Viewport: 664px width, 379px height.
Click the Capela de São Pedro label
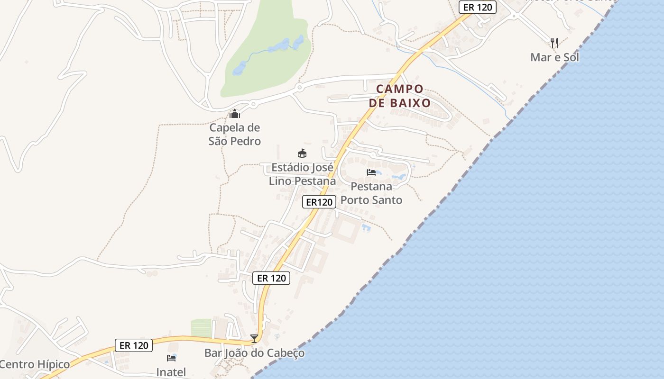235,134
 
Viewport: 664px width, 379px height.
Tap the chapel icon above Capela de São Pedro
234,114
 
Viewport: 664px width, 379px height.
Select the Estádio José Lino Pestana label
302,174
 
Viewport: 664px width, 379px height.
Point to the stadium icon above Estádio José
302,153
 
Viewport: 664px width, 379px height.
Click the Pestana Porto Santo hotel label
371,193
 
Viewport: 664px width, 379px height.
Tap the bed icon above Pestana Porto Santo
371,172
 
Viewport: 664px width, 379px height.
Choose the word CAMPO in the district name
399,89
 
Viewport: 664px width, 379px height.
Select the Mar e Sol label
554,57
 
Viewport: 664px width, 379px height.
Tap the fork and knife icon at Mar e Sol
554,43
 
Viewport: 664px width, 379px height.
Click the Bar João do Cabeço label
254,353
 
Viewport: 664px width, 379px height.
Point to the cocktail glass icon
254,338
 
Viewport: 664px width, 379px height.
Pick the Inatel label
171,372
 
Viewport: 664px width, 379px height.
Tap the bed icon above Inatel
171,358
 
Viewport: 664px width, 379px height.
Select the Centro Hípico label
35,364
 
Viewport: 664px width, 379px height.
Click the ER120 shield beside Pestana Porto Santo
319,202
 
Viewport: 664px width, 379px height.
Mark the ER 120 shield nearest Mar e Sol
478,7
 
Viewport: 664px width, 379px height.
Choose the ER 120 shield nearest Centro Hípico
134,345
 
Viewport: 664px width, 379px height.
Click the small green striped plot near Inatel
201,328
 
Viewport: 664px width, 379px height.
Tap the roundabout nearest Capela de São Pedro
253,104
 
